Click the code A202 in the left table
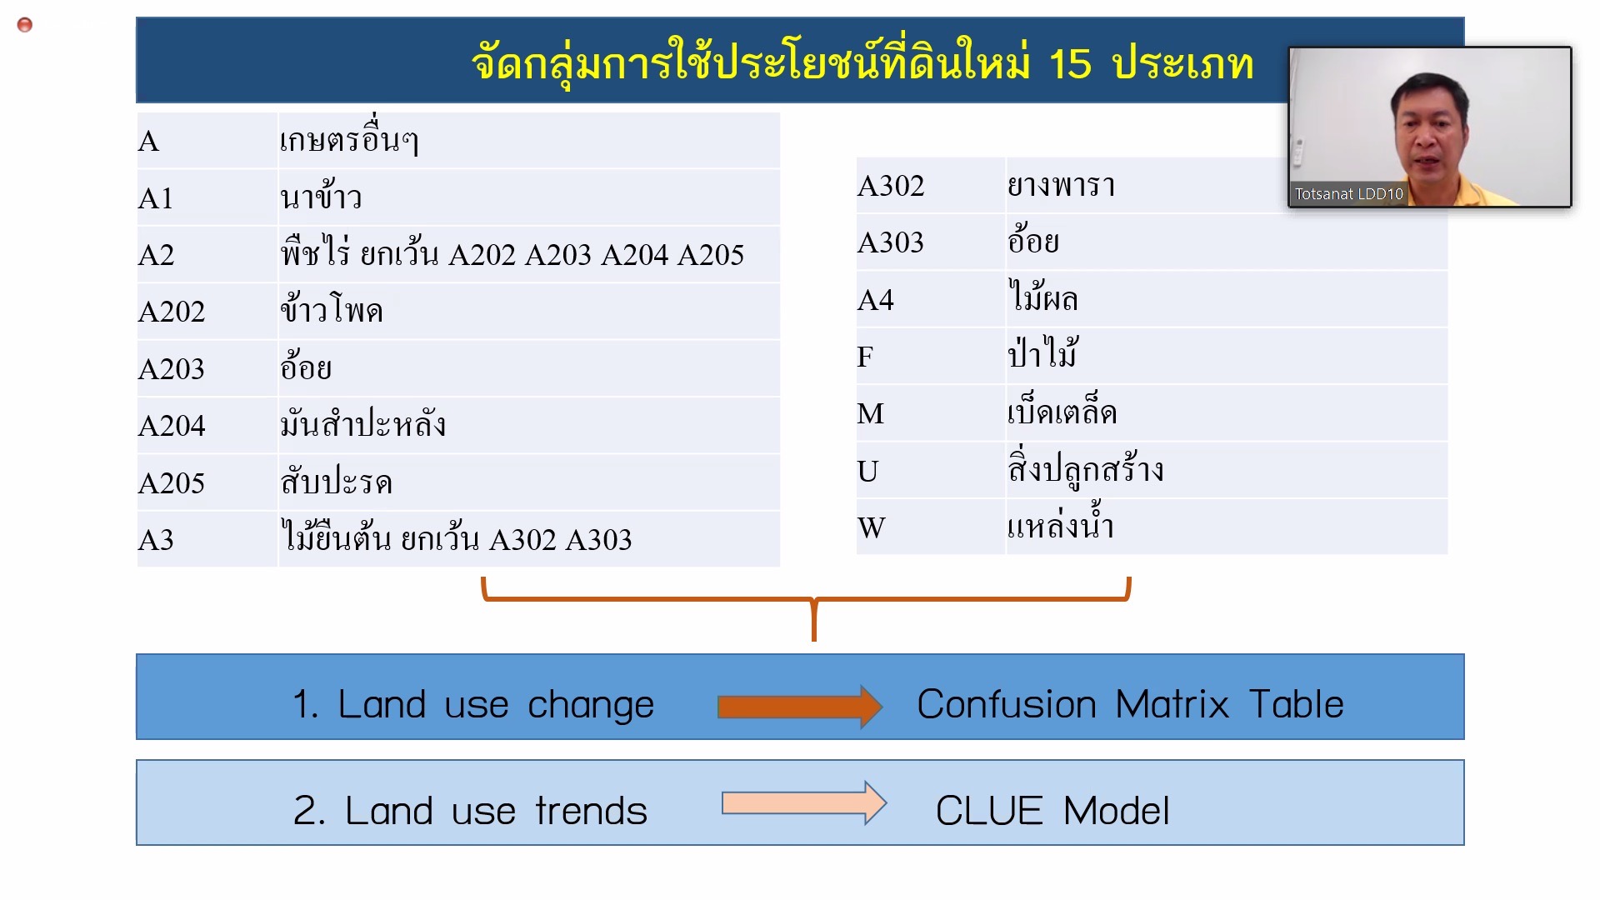pos(172,312)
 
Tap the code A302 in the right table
pos(891,186)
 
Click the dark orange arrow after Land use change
pos(799,707)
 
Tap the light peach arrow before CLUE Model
pos(804,802)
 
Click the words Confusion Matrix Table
pos(1130,704)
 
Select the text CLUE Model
pos(1052,811)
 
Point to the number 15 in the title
pos(1069,63)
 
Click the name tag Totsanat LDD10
pos(1348,194)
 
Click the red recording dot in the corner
pos(25,25)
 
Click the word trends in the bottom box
pos(591,811)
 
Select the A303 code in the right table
pos(891,242)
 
